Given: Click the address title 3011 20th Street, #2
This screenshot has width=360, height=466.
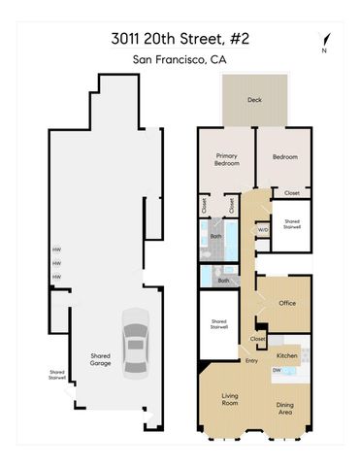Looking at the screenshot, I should point(180,40).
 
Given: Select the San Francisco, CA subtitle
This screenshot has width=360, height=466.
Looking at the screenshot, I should point(180,59).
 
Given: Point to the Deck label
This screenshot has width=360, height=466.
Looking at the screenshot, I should point(254,99).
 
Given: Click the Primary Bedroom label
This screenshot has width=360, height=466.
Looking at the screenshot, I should point(226,159).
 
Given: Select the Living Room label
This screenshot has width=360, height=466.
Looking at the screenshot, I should point(231,400).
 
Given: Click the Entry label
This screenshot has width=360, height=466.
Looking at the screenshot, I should point(252,361).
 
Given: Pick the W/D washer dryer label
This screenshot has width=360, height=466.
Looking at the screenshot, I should point(262,229).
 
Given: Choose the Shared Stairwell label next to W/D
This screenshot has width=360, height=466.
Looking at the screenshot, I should point(291,223).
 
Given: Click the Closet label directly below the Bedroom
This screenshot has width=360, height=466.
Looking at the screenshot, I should point(292,192).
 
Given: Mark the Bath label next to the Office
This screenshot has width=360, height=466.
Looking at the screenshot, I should point(223,281).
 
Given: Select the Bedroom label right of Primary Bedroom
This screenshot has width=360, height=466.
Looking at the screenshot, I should point(284,156).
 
